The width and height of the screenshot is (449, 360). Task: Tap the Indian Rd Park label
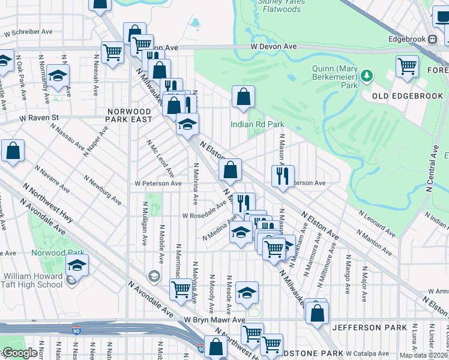tap(257, 124)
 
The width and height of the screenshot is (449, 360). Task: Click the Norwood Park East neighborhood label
tap(129, 116)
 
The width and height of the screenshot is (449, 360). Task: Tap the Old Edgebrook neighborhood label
tap(408, 96)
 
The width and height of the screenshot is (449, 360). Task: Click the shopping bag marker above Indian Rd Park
tap(243, 97)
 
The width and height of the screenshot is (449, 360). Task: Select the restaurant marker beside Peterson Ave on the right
tap(282, 176)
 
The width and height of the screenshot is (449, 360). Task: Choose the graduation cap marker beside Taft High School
tap(77, 265)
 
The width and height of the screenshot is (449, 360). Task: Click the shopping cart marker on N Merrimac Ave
tap(180, 289)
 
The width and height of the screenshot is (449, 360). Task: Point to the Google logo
tap(20, 353)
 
